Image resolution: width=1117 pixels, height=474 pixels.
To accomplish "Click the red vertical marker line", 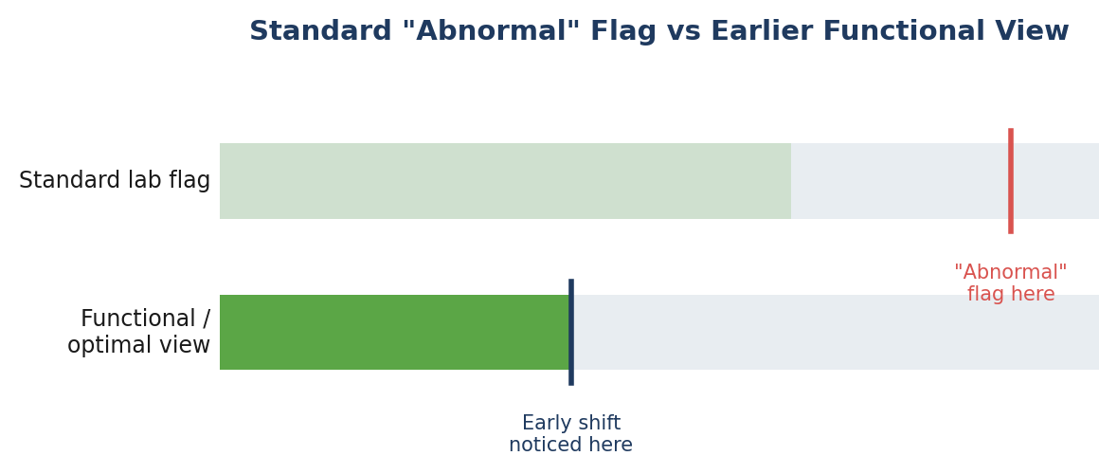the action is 1010,181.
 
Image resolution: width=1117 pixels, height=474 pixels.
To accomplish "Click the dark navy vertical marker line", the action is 571,332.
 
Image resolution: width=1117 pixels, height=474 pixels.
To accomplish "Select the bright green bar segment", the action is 394,332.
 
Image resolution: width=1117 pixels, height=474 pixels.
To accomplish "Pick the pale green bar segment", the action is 505,181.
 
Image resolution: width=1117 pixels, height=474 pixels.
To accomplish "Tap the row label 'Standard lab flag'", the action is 115,180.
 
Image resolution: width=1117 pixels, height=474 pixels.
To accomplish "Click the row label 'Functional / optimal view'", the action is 139,332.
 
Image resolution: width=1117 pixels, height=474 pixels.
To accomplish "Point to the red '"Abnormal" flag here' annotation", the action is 1010,283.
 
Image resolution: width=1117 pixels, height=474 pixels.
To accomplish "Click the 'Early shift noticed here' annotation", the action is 570,434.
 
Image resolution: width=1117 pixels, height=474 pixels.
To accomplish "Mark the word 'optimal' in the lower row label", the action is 114,346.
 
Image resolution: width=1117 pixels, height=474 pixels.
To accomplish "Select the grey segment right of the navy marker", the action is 837,332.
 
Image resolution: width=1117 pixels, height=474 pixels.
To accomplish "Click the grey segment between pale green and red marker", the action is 899,181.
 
